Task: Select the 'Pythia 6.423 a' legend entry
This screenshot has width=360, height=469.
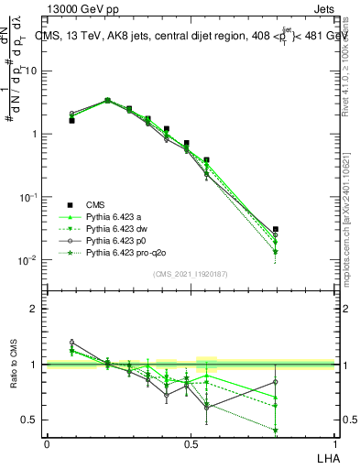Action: pyautogui.click(x=115, y=216)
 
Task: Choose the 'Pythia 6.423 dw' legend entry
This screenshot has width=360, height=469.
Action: pyautogui.click(x=118, y=228)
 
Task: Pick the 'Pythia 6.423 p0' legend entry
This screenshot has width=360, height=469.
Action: pyautogui.click(x=118, y=240)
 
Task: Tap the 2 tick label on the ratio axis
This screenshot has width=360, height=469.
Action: pyautogui.click(x=37, y=309)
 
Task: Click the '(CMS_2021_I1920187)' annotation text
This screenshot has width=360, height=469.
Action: pyautogui.click(x=191, y=274)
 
